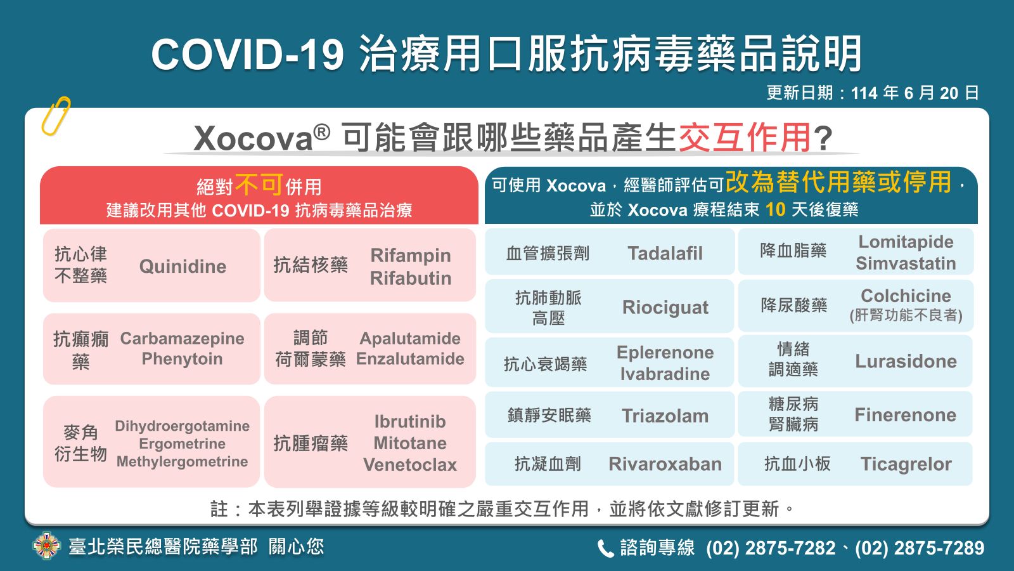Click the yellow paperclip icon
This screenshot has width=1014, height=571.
point(56,116)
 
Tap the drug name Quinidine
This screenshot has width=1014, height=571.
point(183,266)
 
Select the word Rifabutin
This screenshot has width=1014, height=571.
point(411,279)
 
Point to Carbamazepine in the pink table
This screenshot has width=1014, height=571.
point(182,339)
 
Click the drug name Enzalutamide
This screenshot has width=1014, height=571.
point(410,359)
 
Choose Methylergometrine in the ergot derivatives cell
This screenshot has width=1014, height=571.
point(182,462)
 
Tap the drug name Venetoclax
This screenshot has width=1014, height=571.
point(410,464)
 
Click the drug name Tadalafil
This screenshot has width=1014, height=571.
point(665,253)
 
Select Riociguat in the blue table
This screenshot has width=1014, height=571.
point(665,308)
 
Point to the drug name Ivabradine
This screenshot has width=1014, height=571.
point(665,374)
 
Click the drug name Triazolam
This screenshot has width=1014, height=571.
point(665,416)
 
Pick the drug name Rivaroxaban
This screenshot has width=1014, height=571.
point(665,464)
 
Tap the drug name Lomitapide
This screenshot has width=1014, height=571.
point(906,242)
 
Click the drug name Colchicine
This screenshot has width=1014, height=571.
point(906,296)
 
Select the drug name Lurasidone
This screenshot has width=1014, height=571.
point(906,361)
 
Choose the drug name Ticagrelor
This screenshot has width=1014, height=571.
point(906,464)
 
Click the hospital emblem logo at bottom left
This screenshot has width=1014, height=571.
point(47,546)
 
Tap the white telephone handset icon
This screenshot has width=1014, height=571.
point(606,548)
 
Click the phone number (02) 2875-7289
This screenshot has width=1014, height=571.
point(920,548)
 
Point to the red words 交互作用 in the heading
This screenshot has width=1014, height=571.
point(745,137)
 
